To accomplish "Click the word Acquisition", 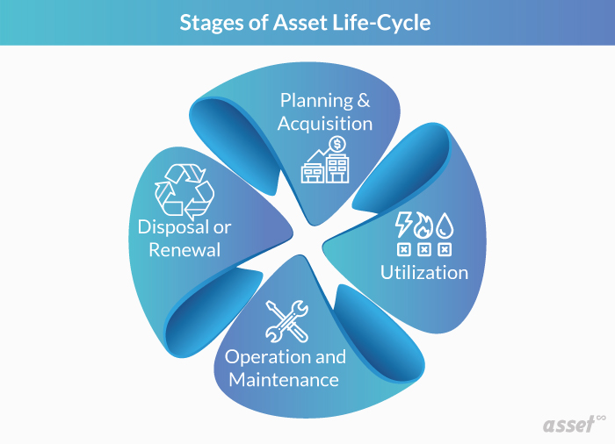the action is [325, 124].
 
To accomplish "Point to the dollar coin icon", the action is [336, 144].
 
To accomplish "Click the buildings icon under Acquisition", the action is [325, 167].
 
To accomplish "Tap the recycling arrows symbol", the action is [184, 190].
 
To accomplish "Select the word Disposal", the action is [173, 227].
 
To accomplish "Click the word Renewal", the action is [184, 249].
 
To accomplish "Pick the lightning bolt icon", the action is [402, 225].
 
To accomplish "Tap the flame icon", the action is [423, 226].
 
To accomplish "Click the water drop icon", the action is [445, 226].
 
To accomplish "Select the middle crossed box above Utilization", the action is [424, 249].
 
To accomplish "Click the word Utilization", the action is [424, 272].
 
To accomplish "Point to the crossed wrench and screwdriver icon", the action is [286, 321].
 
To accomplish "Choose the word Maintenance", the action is [284, 380].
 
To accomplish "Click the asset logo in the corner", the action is [569, 425].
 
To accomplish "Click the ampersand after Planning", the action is [363, 101].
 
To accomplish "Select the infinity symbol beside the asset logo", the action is [601, 419].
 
